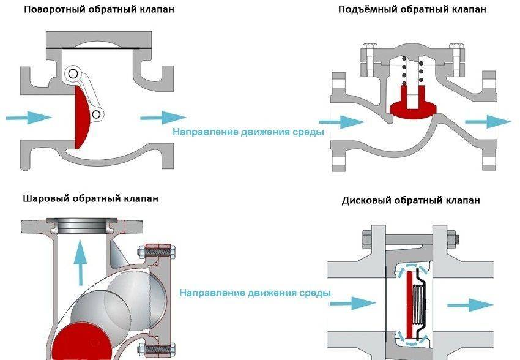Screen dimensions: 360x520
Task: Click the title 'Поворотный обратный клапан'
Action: [90, 10]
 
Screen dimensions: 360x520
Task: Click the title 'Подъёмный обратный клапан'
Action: [412, 10]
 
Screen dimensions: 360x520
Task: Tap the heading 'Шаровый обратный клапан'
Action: [91, 198]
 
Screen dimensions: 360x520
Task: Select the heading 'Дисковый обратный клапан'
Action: [410, 200]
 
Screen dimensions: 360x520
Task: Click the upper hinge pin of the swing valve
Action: [73, 74]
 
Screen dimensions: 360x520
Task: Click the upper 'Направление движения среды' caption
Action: [247, 132]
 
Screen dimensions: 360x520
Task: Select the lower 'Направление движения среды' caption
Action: [254, 293]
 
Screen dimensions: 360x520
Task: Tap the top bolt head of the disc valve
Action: [369, 236]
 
